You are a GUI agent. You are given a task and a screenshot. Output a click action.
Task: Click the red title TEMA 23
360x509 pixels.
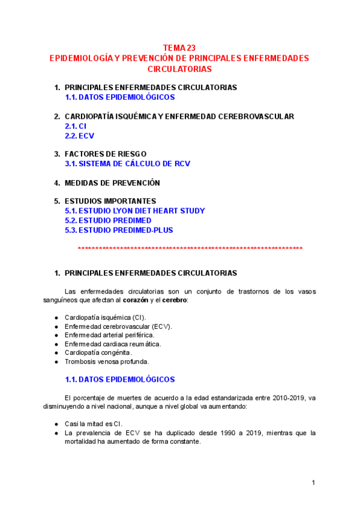click(x=179, y=48)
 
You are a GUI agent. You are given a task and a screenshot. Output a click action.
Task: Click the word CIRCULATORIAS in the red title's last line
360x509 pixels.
click(x=179, y=69)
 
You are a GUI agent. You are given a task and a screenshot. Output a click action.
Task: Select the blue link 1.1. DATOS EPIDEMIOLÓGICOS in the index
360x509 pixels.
click(x=119, y=97)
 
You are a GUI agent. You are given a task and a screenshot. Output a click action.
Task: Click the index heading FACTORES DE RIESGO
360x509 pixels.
click(x=105, y=154)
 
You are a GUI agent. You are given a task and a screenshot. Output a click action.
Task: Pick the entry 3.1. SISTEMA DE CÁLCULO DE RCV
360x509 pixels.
click(x=127, y=163)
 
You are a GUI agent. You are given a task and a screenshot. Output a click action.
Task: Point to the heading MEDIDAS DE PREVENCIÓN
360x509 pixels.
click(x=112, y=182)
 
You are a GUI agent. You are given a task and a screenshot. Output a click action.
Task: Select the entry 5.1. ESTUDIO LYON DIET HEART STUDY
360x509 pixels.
click(x=134, y=211)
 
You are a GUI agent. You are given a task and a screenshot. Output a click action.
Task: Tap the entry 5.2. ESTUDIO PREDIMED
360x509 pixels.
click(x=108, y=220)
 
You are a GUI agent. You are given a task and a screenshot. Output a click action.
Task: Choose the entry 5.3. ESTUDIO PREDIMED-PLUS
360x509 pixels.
click(x=119, y=230)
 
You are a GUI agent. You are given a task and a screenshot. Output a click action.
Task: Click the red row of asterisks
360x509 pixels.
click(x=190, y=248)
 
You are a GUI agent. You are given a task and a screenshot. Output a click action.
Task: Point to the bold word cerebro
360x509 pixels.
click(x=174, y=300)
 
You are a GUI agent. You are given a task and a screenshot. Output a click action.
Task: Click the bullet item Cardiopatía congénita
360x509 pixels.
click(x=98, y=352)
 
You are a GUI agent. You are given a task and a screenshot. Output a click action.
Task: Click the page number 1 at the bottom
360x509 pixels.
click(x=313, y=483)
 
